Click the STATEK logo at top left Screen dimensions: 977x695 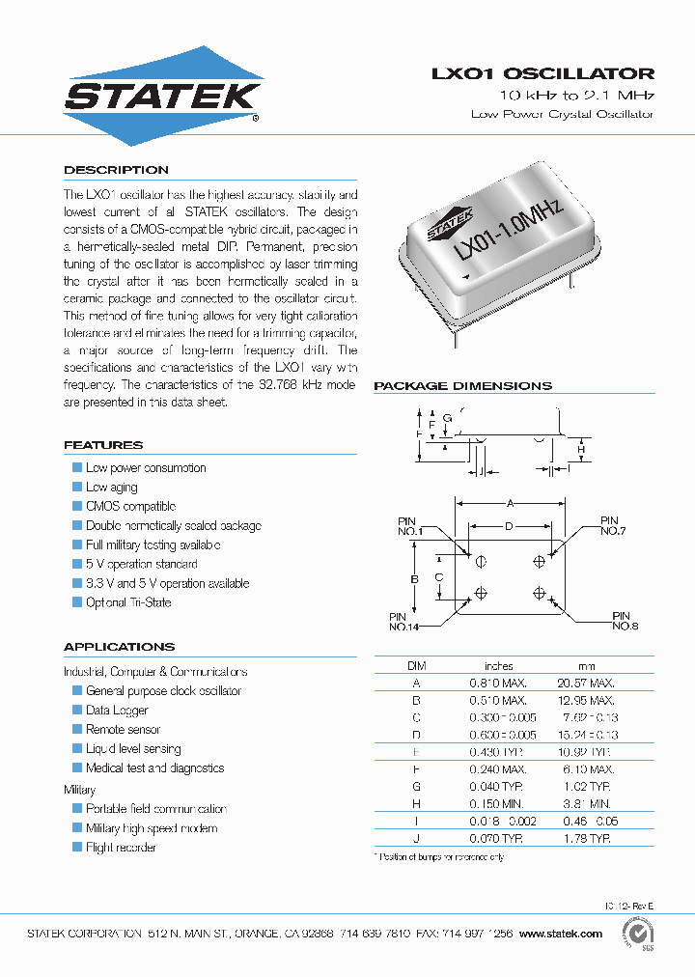point(162,94)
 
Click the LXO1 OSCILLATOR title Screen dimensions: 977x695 point(542,73)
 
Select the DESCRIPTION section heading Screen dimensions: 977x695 point(116,170)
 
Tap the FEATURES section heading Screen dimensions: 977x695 point(102,445)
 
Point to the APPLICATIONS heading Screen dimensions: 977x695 point(119,647)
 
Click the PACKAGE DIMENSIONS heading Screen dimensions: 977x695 point(462,386)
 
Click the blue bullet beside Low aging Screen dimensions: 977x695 point(77,488)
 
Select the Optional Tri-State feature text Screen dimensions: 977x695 point(128,602)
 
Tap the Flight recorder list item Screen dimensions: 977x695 point(121,848)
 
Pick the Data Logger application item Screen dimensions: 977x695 point(117,711)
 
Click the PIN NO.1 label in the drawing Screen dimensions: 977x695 point(410,525)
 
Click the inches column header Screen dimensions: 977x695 point(499,666)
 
